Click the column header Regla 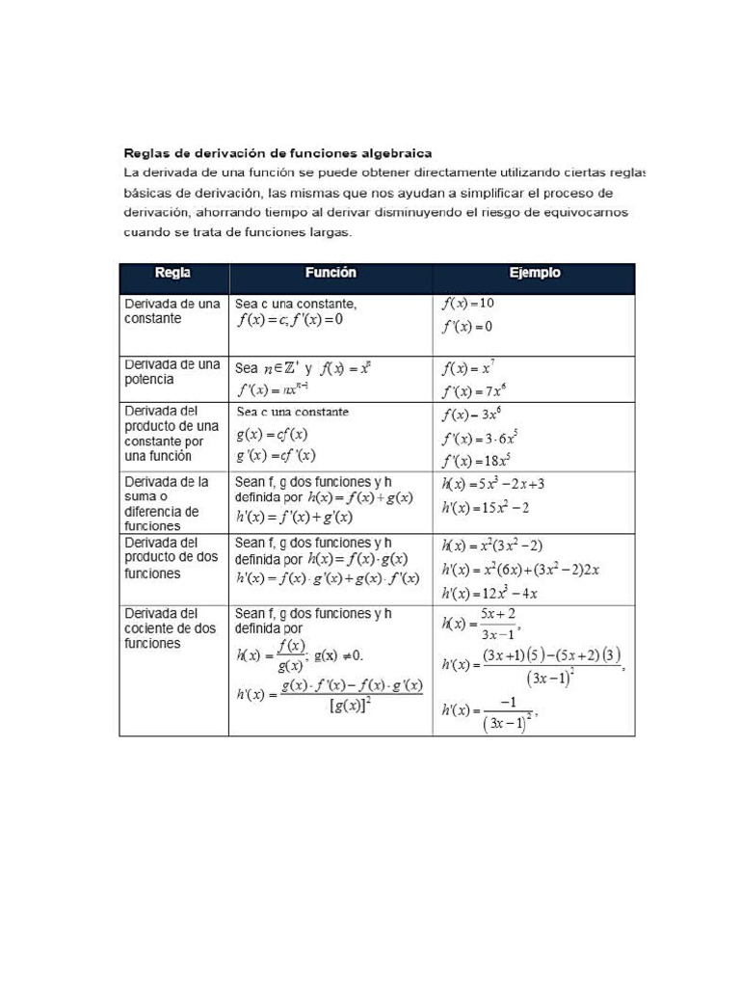[x=173, y=273]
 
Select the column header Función [x=330, y=273]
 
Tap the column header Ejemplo [x=534, y=273]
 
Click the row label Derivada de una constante [x=172, y=310]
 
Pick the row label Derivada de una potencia [x=172, y=372]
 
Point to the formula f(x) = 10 [x=468, y=304]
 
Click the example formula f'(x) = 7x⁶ [x=474, y=391]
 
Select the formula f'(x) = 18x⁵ [x=478, y=461]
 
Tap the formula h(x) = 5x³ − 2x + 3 [x=499, y=484]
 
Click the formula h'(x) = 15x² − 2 [x=486, y=507]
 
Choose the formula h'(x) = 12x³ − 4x [x=489, y=593]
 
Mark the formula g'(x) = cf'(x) [x=276, y=456]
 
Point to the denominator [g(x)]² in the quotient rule [x=351, y=707]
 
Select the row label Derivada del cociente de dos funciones [x=171, y=627]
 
